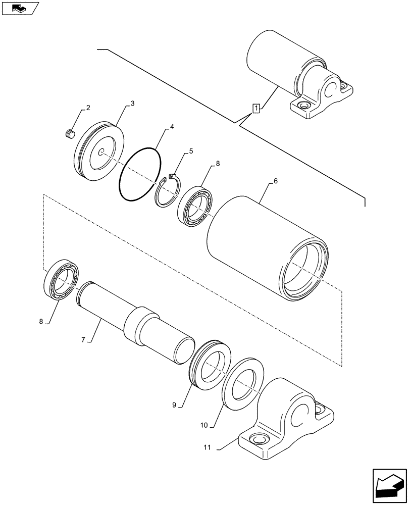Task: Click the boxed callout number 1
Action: coord(257,108)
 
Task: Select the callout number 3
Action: coord(132,104)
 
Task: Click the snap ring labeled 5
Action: coord(167,192)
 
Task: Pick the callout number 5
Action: coord(191,151)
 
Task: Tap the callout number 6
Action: coord(275,181)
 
